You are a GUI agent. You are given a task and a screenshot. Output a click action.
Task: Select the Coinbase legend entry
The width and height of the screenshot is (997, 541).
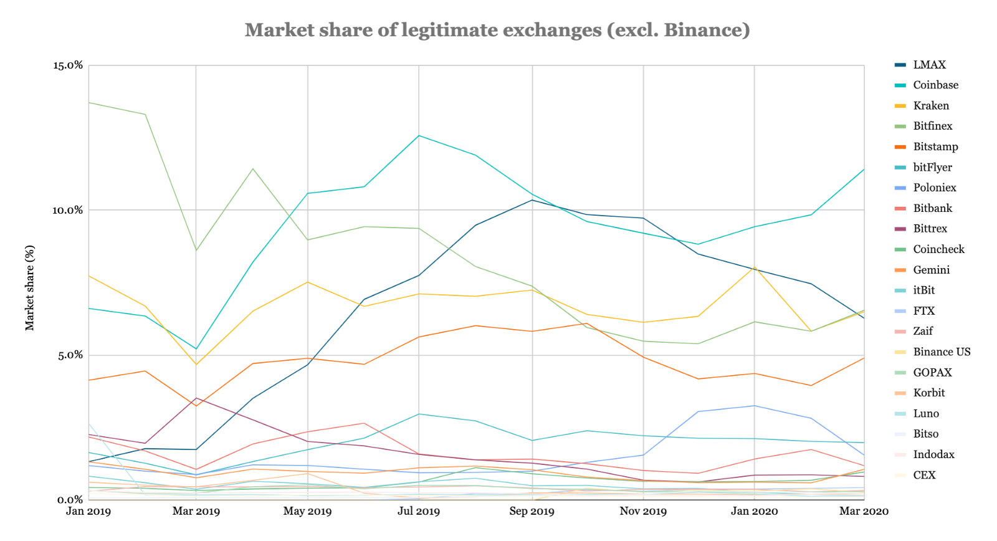point(935,85)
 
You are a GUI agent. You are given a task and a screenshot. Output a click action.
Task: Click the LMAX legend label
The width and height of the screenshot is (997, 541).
point(929,65)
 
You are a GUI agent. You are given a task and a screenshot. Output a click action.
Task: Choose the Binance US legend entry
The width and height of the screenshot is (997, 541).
point(942,352)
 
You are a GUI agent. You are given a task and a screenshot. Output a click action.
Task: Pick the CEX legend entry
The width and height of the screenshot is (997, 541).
point(924,475)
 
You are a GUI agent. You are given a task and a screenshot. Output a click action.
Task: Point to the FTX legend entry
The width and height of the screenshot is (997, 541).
point(923,311)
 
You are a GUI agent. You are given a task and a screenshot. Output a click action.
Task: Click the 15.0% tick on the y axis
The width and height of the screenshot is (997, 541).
point(68,65)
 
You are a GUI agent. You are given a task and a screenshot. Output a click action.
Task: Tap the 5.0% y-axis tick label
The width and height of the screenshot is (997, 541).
point(70,355)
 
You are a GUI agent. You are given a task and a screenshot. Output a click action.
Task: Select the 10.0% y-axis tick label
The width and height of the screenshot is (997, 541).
point(67,211)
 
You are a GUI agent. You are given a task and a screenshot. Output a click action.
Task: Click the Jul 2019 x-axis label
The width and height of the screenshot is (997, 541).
point(419,512)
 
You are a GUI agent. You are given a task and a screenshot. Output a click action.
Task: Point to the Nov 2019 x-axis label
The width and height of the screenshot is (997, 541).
point(643,512)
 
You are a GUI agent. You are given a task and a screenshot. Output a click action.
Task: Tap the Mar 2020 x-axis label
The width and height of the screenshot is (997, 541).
point(864,512)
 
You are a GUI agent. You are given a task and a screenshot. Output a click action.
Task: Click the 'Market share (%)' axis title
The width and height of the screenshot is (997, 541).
point(30,287)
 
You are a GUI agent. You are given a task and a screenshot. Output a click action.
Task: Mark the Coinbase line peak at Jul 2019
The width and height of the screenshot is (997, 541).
point(419,135)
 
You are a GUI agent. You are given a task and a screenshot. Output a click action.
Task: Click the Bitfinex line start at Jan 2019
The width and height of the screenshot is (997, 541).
point(89,102)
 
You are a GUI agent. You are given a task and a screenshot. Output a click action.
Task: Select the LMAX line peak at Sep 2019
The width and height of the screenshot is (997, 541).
point(532,199)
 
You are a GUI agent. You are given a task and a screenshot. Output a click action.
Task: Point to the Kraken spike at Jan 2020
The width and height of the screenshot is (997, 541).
point(755,267)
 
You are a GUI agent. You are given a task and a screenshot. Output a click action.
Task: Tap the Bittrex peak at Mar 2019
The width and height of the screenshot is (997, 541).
point(196,398)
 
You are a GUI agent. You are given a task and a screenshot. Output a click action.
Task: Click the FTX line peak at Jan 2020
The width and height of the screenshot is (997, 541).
point(755,406)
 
